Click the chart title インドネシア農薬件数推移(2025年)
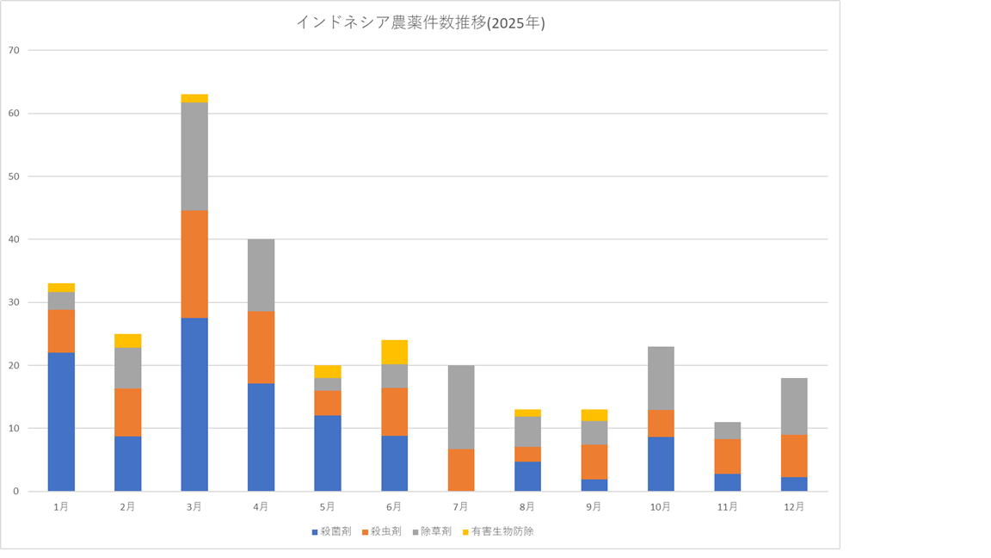[420, 23]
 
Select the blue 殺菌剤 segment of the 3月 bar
[194, 404]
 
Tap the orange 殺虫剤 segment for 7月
[461, 469]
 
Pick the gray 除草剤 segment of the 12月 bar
[794, 406]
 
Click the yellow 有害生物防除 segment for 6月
[395, 352]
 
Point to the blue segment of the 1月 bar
[61, 421]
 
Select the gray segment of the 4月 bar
[262, 275]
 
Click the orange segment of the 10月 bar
[661, 423]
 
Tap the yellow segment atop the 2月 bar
[128, 340]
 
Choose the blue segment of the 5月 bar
[328, 453]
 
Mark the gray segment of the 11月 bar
[728, 431]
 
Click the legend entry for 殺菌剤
[330, 531]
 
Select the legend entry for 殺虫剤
[381, 531]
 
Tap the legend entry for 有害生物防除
[497, 531]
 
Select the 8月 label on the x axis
[527, 507]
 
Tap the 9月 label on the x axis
[594, 507]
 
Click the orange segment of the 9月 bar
[594, 462]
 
